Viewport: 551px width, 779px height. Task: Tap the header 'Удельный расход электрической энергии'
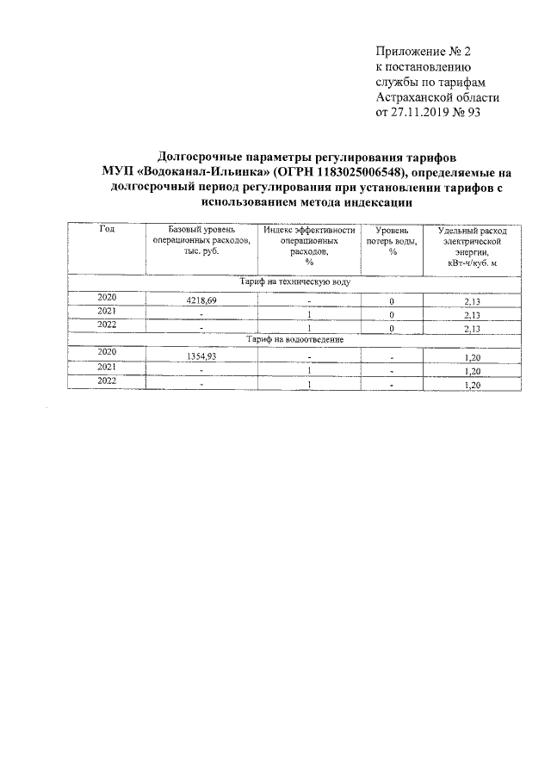[x=472, y=246]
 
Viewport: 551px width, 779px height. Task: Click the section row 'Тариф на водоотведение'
[x=294, y=340]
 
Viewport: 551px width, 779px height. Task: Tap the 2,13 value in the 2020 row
[x=472, y=302]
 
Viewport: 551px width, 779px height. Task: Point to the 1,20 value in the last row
[x=472, y=385]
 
